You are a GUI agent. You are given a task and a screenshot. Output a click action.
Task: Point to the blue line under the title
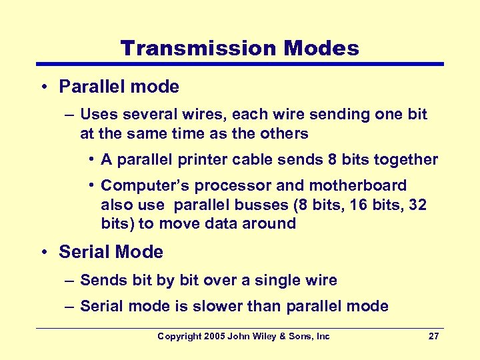click(x=239, y=65)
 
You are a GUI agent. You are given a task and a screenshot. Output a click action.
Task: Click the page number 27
click(x=433, y=337)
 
